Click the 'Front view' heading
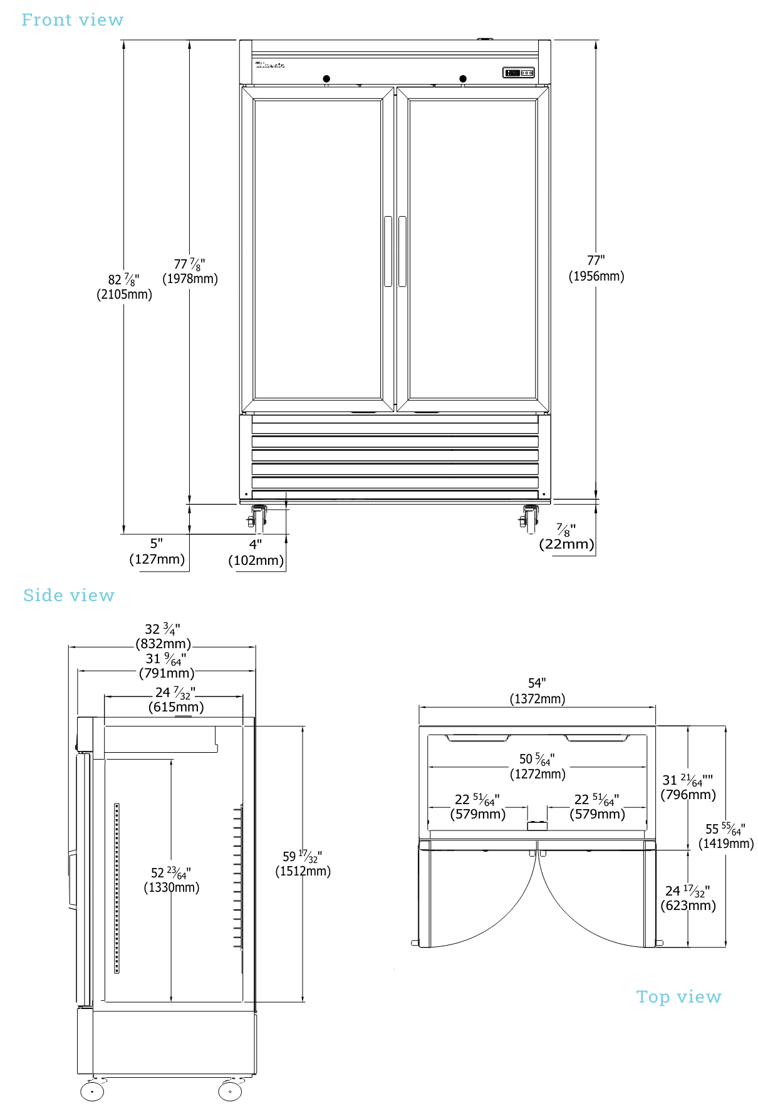(73, 20)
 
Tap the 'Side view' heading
(69, 595)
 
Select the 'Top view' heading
(678, 996)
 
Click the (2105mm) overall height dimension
(124, 294)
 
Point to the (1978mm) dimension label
(190, 279)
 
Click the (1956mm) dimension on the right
(596, 276)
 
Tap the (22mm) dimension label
(566, 544)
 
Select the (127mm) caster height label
(157, 559)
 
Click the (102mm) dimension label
(256, 561)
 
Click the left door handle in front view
(388, 251)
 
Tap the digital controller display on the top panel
(518, 73)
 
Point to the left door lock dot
(326, 79)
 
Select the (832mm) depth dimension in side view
(164, 644)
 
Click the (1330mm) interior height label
(172, 887)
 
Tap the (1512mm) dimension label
(303, 871)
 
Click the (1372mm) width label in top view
(537, 699)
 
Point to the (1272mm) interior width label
(537, 774)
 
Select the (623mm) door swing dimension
(688, 906)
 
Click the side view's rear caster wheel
(230, 1091)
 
